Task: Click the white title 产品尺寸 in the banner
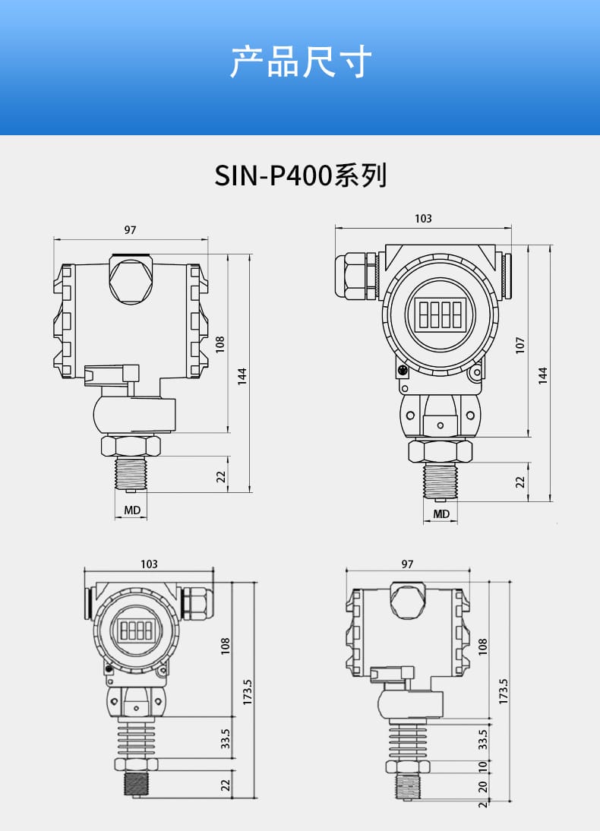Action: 301,62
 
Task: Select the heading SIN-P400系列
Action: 301,175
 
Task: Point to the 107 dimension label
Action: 520,345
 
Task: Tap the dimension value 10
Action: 482,766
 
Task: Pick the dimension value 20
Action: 482,786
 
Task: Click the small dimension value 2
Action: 482,804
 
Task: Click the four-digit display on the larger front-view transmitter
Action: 440,314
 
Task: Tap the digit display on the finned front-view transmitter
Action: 136,630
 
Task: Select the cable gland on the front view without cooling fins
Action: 356,276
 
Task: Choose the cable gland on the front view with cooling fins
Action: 197,602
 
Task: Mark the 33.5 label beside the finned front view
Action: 226,738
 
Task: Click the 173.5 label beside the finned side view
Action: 503,692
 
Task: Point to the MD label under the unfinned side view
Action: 132,510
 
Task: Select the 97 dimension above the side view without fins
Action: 131,230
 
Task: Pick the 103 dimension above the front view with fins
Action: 149,564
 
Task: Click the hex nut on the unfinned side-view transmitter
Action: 131,446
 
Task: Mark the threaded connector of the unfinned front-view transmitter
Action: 440,481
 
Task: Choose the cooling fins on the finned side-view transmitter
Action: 408,742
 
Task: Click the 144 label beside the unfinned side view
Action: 242,376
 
